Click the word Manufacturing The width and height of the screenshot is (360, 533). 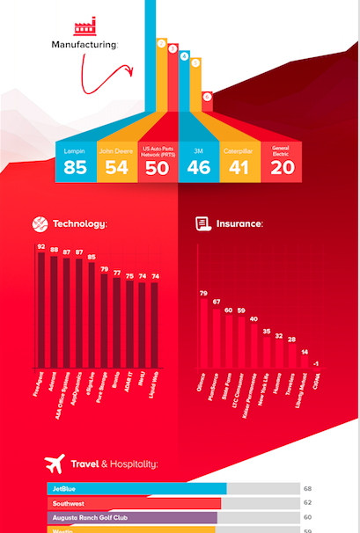(x=84, y=44)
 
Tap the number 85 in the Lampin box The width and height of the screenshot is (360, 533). (x=75, y=167)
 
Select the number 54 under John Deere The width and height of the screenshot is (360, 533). (x=116, y=167)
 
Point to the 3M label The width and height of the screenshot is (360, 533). (x=198, y=151)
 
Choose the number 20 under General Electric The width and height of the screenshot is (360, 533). (x=282, y=167)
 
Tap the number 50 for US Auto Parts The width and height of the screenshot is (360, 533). (x=157, y=168)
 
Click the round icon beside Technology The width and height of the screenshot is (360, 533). (x=40, y=223)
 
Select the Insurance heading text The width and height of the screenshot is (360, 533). (x=239, y=224)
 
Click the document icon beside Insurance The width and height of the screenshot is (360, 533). (x=202, y=223)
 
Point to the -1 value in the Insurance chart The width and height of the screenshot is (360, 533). (x=315, y=362)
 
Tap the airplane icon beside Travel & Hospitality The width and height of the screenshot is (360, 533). (x=55, y=463)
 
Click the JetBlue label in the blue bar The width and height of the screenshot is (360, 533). (x=62, y=488)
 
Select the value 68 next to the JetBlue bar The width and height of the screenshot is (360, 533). (x=308, y=488)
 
